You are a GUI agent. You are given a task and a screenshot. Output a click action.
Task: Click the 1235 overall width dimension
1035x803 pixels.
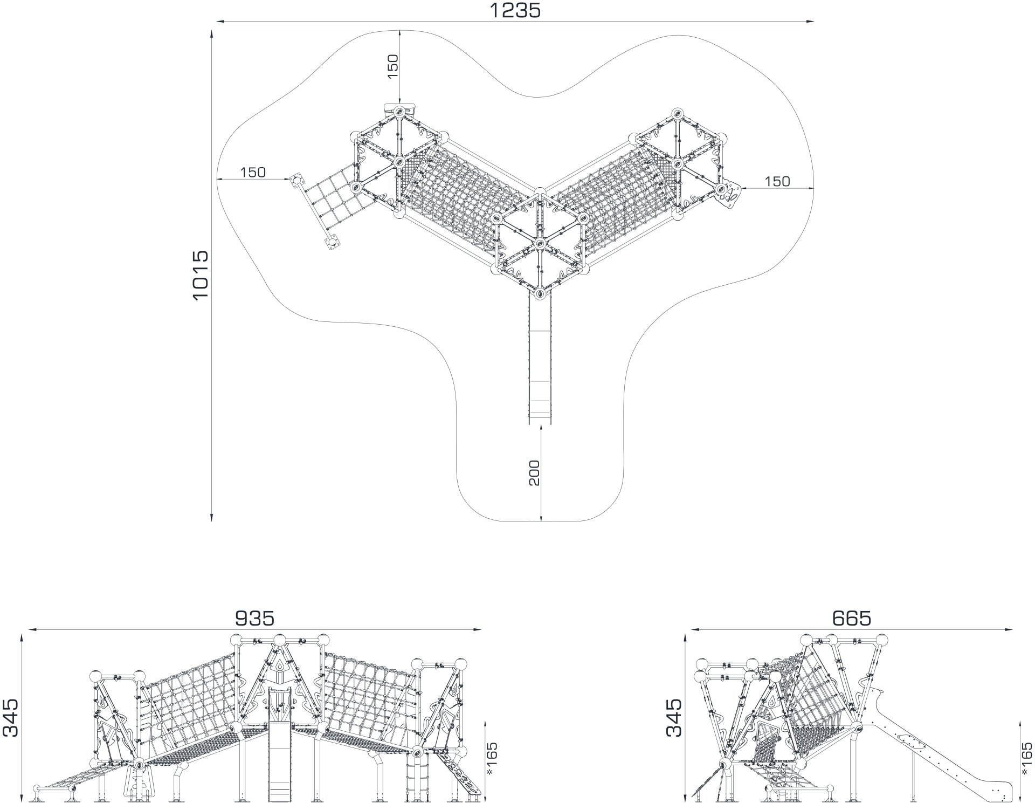(515, 10)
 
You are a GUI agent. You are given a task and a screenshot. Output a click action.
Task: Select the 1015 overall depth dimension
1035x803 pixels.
(200, 275)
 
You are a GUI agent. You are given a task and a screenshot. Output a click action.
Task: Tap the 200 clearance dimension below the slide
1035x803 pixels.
(534, 473)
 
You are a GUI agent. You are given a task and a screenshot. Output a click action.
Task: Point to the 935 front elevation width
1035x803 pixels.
(254, 618)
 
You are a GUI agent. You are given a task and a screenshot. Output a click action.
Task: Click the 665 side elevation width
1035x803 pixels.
(852, 618)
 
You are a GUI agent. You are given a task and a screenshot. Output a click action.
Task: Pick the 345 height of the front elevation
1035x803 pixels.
(11, 717)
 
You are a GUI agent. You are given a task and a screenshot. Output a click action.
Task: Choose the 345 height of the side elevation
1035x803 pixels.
(674, 717)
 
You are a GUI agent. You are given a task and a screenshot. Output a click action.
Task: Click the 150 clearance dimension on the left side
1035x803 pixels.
(253, 173)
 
